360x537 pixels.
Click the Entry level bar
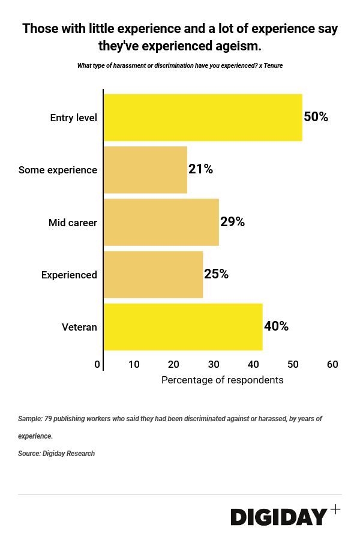pyautogui.click(x=203, y=118)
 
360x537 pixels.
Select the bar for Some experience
pyautogui.click(x=145, y=170)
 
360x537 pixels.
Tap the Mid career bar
pyautogui.click(x=161, y=223)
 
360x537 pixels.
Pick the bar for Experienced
pyautogui.click(x=154, y=275)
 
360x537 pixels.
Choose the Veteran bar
pyautogui.click(x=183, y=327)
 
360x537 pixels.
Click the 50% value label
pyautogui.click(x=316, y=117)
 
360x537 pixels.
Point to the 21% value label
pyautogui.click(x=200, y=169)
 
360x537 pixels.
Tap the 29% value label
pyautogui.click(x=232, y=222)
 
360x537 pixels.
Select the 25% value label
pyautogui.click(x=216, y=274)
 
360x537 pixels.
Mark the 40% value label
pyautogui.click(x=276, y=326)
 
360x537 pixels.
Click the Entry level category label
pyautogui.click(x=73, y=118)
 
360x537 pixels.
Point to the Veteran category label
pyautogui.click(x=79, y=327)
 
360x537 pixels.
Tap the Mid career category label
pyautogui.click(x=73, y=223)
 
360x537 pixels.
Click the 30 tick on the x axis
pyautogui.click(x=214, y=364)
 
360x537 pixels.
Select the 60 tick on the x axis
pyautogui.click(x=332, y=364)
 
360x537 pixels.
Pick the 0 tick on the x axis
pyautogui.click(x=97, y=364)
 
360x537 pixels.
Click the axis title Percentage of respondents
pyautogui.click(x=222, y=380)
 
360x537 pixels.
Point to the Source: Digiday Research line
pyautogui.click(x=56, y=454)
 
